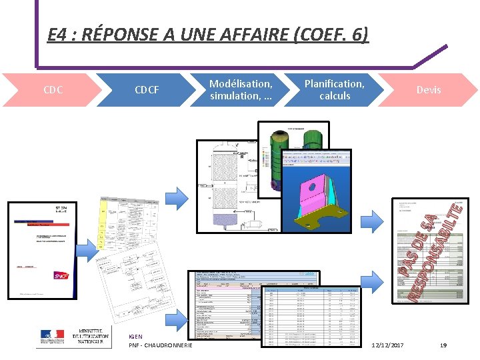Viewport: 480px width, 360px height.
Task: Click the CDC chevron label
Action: (x=53, y=89)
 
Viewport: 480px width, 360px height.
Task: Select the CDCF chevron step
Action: (x=147, y=89)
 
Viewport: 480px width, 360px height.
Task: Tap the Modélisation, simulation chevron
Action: (x=241, y=89)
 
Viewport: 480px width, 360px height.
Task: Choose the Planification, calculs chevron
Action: (x=334, y=89)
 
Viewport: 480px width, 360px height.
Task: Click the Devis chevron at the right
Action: (x=429, y=89)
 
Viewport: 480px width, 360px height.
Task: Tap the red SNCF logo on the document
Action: (x=61, y=275)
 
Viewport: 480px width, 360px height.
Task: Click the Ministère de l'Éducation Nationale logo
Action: (x=73, y=337)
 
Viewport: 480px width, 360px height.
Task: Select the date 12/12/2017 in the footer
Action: (x=387, y=345)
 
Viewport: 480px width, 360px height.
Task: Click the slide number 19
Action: (x=443, y=345)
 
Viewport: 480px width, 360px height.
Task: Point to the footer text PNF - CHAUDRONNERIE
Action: (x=160, y=345)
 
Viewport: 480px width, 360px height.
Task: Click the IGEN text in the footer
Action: (x=135, y=337)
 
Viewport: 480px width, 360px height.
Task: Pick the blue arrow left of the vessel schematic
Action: (x=177, y=196)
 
